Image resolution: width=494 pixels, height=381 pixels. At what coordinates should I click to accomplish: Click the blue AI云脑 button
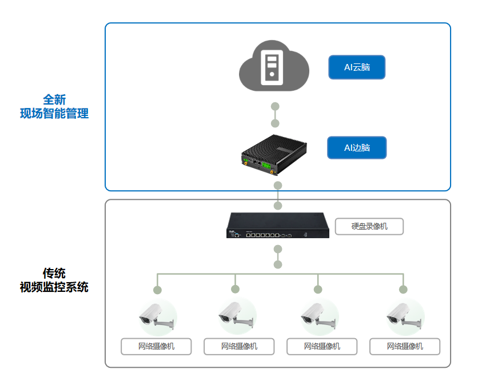tap(357, 67)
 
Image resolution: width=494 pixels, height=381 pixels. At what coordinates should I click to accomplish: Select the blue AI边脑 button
tap(357, 148)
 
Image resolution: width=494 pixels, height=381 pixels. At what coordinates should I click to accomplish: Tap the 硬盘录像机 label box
tap(369, 227)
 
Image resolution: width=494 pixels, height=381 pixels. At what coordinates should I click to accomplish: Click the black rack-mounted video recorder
tap(278, 225)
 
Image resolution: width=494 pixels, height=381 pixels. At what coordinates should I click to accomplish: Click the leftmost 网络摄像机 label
tap(156, 346)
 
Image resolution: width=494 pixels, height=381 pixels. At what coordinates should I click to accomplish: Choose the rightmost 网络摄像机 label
tap(405, 346)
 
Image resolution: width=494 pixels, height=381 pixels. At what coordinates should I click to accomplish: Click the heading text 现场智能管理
tap(54, 114)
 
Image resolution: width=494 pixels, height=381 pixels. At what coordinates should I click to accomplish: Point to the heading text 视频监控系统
tap(54, 287)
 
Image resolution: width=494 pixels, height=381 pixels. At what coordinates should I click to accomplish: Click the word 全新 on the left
tap(54, 100)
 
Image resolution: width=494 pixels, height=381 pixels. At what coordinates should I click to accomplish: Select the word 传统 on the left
tap(54, 273)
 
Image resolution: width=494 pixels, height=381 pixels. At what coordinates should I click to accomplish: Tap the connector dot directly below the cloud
tap(275, 106)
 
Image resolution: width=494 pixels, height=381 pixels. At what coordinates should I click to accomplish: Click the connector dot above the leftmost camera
tap(157, 290)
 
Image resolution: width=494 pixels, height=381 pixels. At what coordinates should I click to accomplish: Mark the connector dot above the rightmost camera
tap(403, 290)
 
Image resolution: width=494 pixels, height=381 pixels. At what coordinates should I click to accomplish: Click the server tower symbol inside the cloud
tap(273, 67)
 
